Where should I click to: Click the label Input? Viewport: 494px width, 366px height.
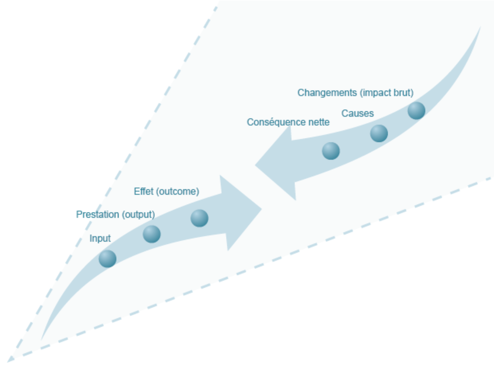(x=100, y=238)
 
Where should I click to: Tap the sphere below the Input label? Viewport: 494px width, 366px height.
(x=107, y=259)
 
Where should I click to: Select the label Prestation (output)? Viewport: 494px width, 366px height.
(x=115, y=215)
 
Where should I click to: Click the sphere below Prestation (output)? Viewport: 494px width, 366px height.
(x=152, y=234)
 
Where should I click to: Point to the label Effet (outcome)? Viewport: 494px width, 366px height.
(x=166, y=191)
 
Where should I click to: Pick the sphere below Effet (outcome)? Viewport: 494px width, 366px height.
(x=199, y=218)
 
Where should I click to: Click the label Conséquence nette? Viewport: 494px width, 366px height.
(x=288, y=122)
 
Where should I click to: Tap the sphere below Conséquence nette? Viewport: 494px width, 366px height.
(x=331, y=151)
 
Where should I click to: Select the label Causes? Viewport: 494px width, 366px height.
(x=357, y=113)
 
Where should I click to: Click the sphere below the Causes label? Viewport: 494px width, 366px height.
(x=379, y=133)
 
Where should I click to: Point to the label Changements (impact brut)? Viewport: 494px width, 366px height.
(x=355, y=93)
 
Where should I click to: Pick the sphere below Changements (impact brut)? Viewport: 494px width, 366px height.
(x=416, y=111)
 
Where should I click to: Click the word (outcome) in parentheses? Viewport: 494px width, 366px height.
(x=177, y=191)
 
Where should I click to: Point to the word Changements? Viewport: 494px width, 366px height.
(x=327, y=93)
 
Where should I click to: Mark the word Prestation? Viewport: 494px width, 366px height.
(x=97, y=215)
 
